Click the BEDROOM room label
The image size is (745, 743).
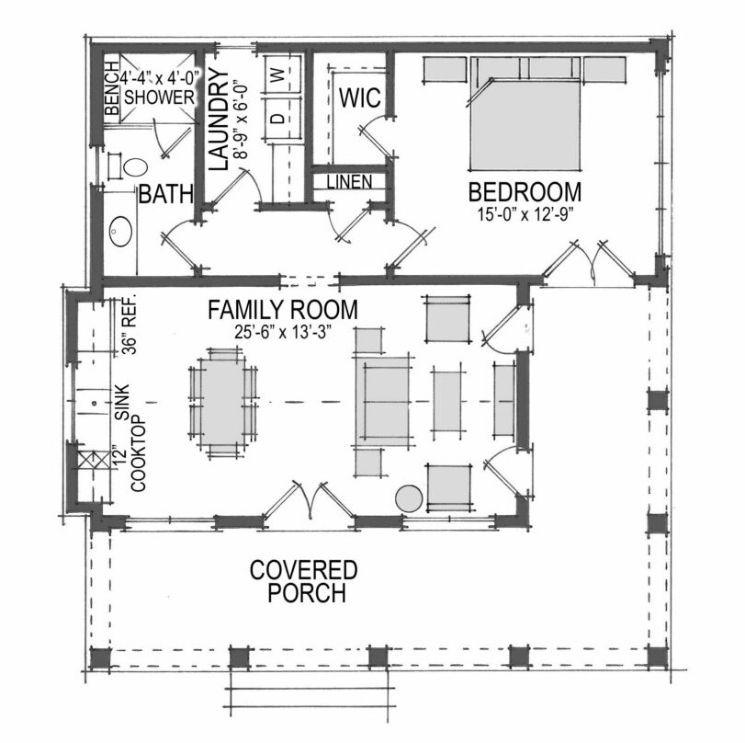click(525, 192)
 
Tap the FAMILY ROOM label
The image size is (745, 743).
click(283, 310)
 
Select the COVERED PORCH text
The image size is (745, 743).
click(304, 581)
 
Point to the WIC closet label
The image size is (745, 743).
click(360, 97)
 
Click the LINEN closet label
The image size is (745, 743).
click(350, 181)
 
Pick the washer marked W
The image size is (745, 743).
click(283, 74)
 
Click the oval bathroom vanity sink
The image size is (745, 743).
click(121, 231)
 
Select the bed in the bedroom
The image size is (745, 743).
click(525, 114)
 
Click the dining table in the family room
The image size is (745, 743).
click(222, 403)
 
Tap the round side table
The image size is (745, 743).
click(409, 499)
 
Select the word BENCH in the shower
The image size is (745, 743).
click(111, 88)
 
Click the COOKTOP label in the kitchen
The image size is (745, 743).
click(139, 453)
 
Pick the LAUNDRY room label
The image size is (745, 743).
click(219, 120)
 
